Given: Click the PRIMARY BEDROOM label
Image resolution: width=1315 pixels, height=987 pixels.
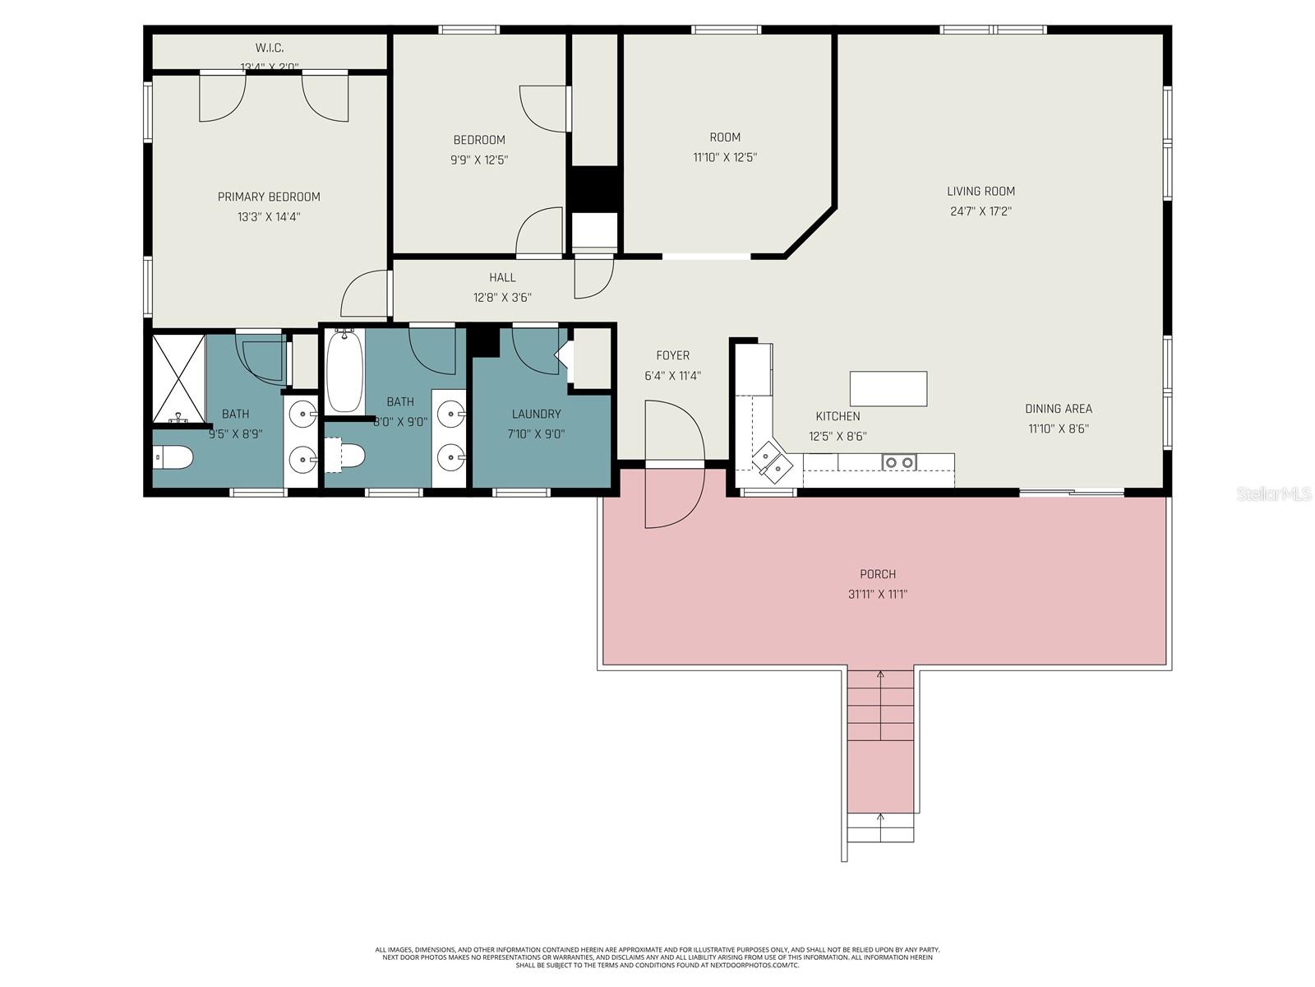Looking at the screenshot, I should click(269, 197).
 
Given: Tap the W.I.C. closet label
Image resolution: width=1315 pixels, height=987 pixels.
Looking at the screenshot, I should click(269, 49).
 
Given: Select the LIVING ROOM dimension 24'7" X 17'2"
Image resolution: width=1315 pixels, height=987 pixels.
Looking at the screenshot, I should click(980, 211).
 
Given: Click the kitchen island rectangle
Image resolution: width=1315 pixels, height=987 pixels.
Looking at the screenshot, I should click(888, 388).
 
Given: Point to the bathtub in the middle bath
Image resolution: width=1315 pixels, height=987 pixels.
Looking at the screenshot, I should click(344, 372).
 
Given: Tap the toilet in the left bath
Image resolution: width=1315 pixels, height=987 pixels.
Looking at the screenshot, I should click(173, 457).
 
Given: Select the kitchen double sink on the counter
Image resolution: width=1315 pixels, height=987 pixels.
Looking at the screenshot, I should click(898, 462).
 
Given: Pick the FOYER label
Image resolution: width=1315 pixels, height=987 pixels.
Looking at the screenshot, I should click(672, 355).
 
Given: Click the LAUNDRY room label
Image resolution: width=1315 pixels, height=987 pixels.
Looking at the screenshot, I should click(536, 414).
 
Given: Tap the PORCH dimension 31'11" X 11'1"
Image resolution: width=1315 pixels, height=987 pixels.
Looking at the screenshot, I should click(878, 594).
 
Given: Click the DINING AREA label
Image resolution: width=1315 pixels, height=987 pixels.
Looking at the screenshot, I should click(1058, 409).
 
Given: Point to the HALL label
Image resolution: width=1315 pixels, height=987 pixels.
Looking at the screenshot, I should click(502, 278).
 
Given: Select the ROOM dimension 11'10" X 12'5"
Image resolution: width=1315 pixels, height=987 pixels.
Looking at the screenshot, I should click(724, 157).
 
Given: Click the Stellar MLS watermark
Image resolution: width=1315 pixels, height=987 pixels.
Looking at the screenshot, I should click(1274, 493).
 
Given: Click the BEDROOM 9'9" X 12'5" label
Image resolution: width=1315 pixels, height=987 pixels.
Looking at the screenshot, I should click(479, 140).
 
